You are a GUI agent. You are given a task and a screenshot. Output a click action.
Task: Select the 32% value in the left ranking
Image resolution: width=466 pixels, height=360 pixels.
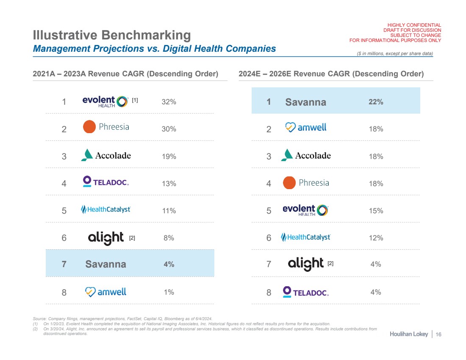[169, 102]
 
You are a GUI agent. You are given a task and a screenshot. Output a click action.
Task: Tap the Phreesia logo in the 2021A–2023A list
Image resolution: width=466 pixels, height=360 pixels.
[106, 127]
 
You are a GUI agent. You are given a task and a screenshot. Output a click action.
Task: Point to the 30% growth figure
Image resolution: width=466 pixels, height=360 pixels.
[169, 129]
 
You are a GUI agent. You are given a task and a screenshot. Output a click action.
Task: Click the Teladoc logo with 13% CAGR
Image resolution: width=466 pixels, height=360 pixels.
[106, 182]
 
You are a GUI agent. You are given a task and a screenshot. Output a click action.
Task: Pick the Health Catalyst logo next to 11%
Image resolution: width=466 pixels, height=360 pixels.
[106, 209]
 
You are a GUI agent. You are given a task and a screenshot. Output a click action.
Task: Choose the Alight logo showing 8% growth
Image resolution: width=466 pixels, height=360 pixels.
[106, 238]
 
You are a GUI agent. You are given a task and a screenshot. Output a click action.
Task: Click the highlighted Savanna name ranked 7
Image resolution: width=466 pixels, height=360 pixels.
[105, 264]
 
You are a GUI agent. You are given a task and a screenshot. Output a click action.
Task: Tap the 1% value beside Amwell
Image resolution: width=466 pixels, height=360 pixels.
[169, 292]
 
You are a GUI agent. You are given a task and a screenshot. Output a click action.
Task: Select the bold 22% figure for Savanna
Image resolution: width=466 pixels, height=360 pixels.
[376, 102]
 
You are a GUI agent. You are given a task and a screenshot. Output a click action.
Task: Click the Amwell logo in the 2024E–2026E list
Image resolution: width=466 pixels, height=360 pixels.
[306, 127]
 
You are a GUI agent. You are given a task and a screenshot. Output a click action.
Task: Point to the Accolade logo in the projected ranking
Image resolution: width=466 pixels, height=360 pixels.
[306, 155]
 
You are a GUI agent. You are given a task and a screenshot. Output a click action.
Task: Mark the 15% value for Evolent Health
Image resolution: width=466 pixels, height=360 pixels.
[376, 211]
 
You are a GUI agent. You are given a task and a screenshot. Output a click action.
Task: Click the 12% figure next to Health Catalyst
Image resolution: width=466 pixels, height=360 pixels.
[376, 238]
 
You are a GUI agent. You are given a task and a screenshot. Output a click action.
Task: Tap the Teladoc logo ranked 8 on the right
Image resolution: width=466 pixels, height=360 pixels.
[306, 291]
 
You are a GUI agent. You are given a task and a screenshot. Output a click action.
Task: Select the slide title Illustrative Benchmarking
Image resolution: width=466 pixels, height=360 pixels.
[112, 35]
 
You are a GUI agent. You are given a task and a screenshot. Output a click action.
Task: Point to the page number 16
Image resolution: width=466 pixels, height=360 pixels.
[438, 335]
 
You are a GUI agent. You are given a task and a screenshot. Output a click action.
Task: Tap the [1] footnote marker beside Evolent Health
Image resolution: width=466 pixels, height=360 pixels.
[135, 100]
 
